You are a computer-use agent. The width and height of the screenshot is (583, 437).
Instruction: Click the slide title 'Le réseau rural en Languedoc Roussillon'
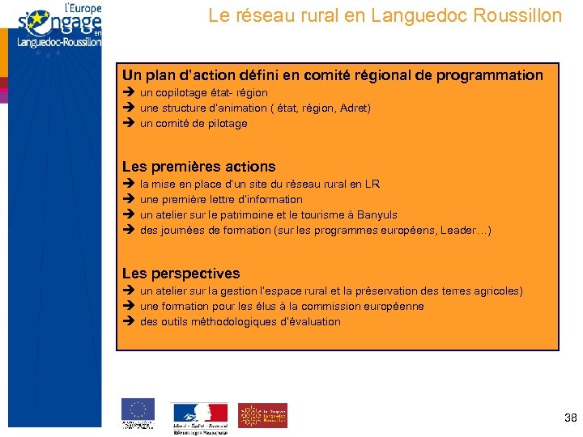pyautogui.click(x=385, y=15)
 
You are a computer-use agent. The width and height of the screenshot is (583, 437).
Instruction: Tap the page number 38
pyautogui.click(x=570, y=418)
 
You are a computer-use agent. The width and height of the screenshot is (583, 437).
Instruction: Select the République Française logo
pyautogui.click(x=199, y=416)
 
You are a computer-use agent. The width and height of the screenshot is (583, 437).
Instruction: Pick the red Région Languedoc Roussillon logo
pyautogui.click(x=262, y=414)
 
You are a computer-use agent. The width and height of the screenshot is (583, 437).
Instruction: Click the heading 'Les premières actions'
pyautogui.click(x=199, y=167)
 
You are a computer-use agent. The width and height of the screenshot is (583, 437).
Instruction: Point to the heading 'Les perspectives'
pyautogui.click(x=181, y=274)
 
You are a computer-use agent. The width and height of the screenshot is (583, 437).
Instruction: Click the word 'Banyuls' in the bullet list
pyautogui.click(x=377, y=215)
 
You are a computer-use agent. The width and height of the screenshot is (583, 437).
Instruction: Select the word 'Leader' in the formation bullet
pyautogui.click(x=458, y=231)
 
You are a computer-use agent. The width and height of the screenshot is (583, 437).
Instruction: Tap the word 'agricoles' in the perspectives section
pyautogui.click(x=495, y=291)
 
